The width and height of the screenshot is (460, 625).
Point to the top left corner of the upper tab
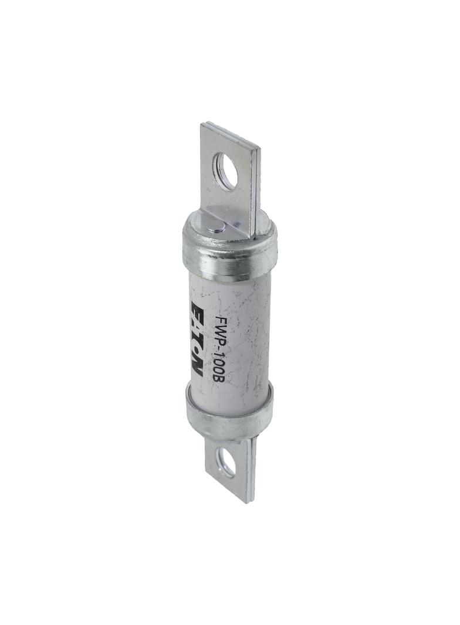(x=202, y=124)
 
